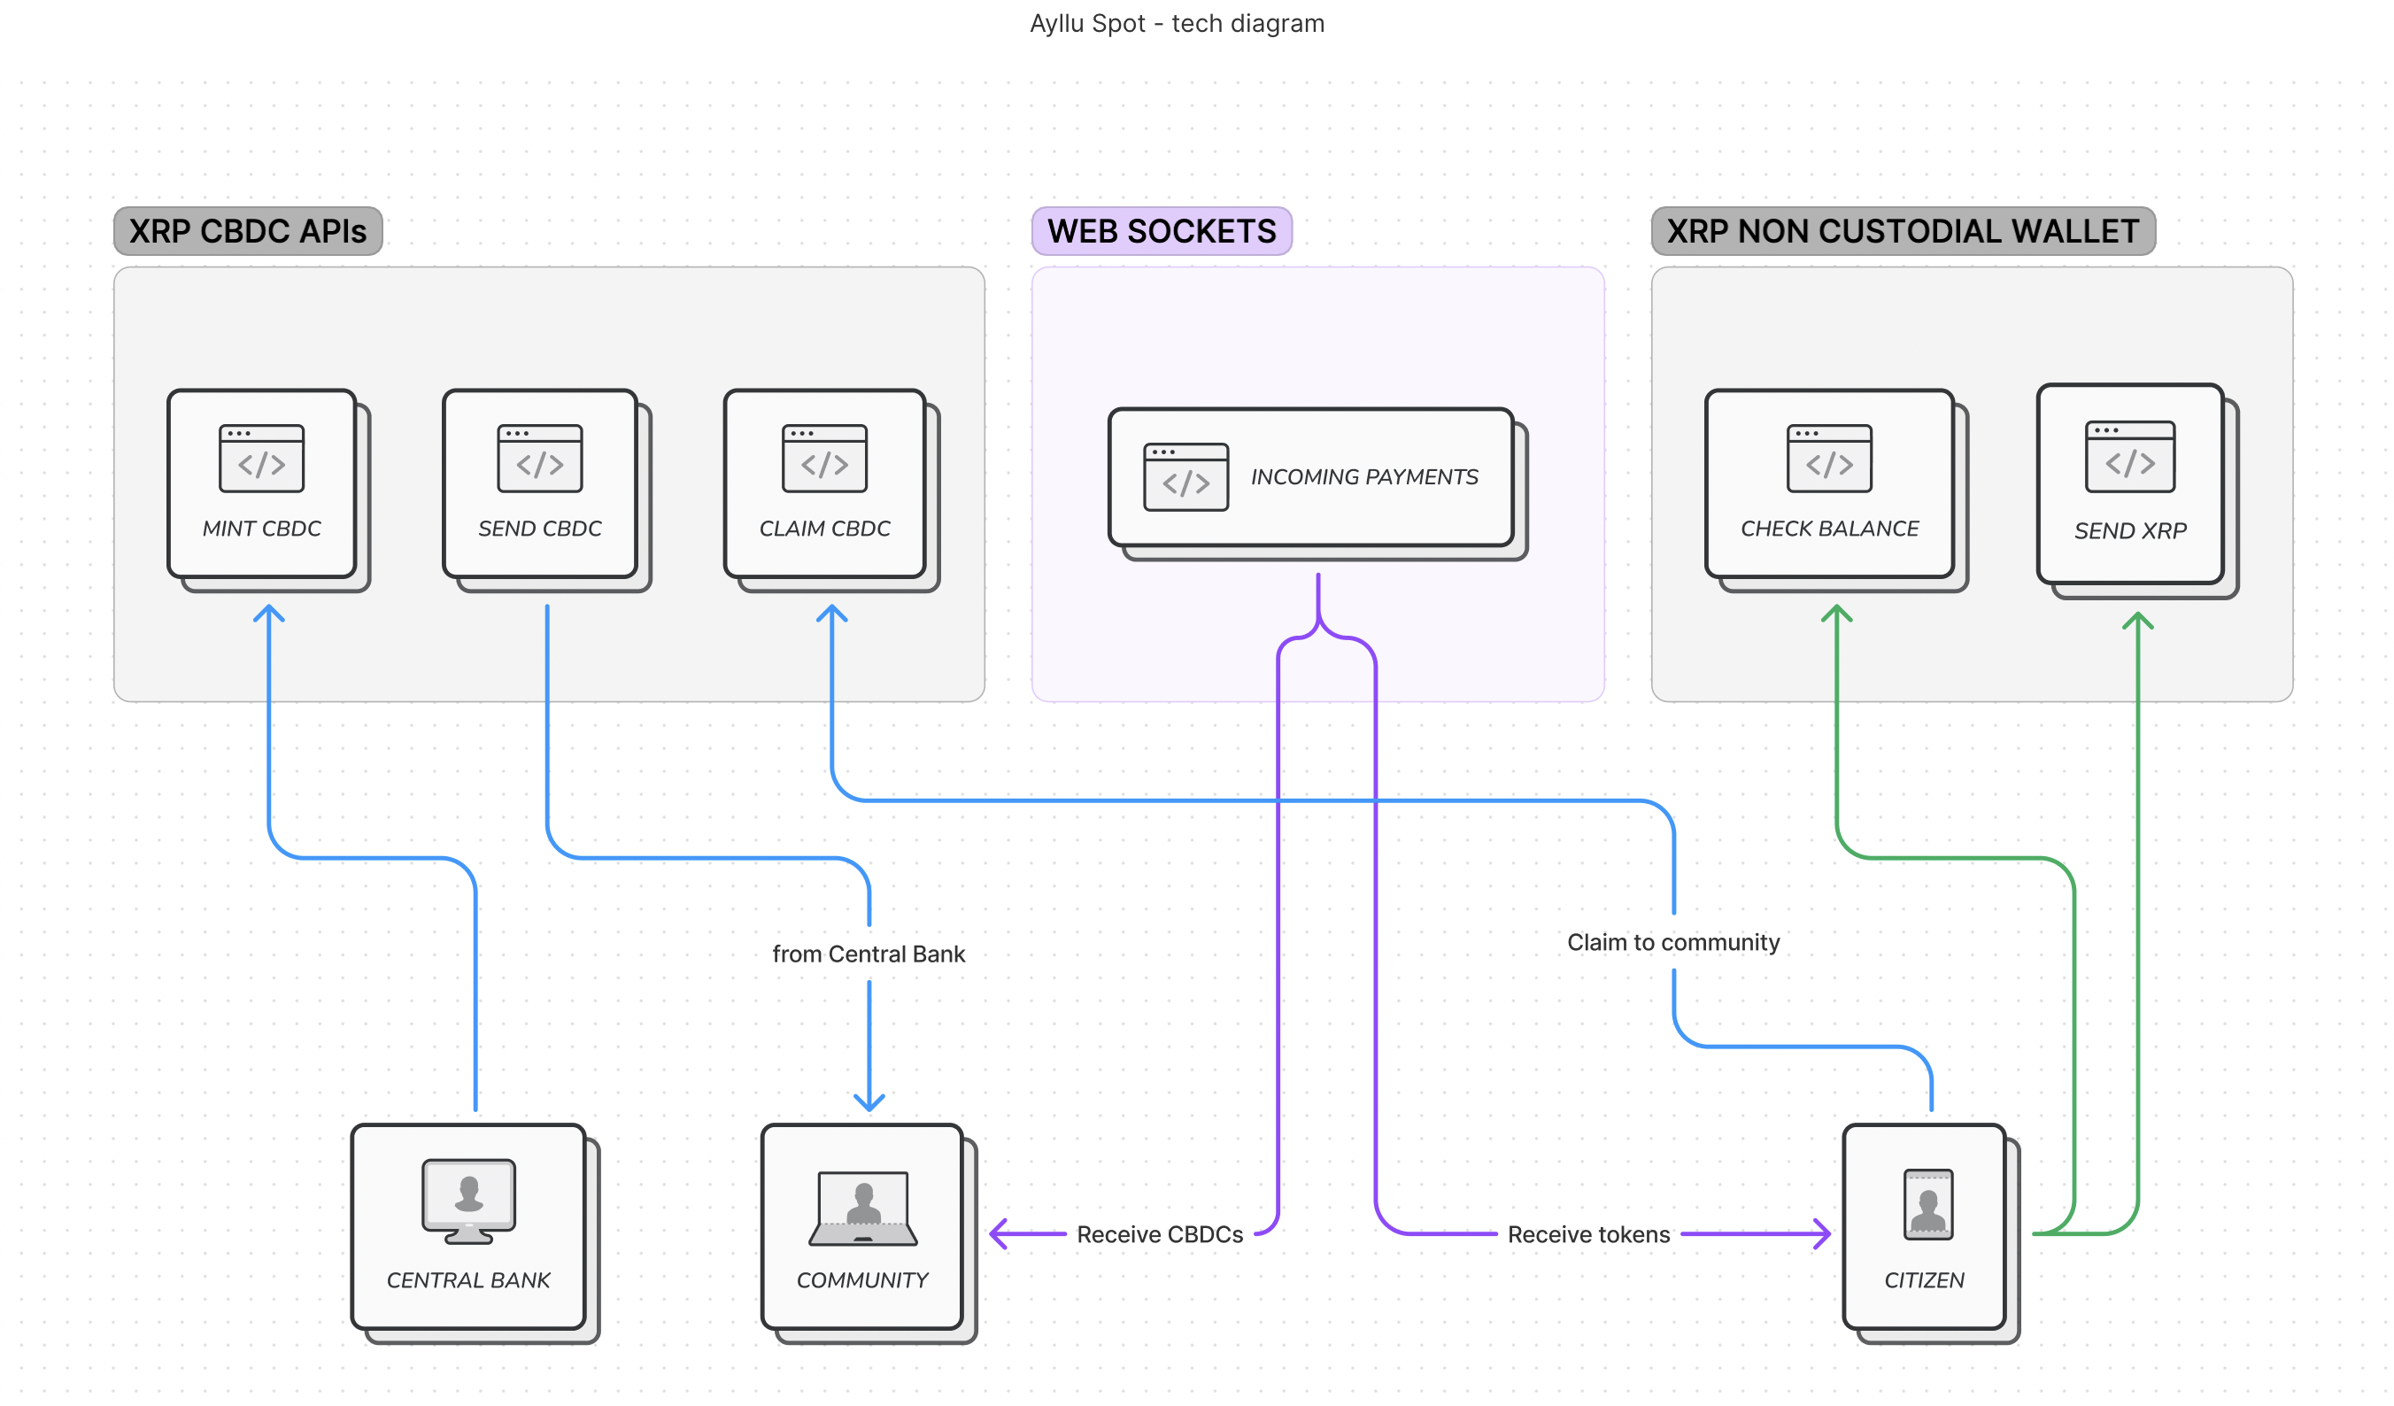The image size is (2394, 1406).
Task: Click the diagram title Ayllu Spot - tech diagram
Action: pyautogui.click(x=1177, y=24)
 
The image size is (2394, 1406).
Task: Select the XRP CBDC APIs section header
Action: pyautogui.click(x=248, y=232)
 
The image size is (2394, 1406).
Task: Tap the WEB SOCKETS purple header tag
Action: pyautogui.click(x=1161, y=232)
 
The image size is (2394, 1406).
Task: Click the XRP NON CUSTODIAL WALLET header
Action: pyautogui.click(x=1902, y=232)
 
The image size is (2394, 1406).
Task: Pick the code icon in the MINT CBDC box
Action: pyautogui.click(x=261, y=459)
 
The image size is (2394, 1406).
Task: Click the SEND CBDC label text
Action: pyautogui.click(x=539, y=529)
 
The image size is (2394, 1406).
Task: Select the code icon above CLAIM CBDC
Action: pyautogui.click(x=824, y=459)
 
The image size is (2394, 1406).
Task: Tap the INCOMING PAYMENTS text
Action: pyautogui.click(x=1364, y=477)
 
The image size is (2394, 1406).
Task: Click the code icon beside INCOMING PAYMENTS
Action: pyautogui.click(x=1185, y=477)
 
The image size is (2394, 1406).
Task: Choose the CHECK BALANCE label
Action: pyautogui.click(x=1829, y=529)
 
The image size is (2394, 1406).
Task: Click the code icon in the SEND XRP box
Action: pyautogui.click(x=2129, y=457)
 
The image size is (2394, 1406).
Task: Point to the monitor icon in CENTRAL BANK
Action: pyautogui.click(x=468, y=1201)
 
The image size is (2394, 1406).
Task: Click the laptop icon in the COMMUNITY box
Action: pyautogui.click(x=862, y=1209)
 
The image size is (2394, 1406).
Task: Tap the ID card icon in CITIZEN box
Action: pyautogui.click(x=1927, y=1205)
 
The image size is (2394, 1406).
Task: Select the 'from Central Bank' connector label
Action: pyautogui.click(x=869, y=954)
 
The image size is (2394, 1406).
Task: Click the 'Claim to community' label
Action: pyautogui.click(x=1673, y=942)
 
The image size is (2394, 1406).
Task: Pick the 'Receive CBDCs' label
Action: pyautogui.click(x=1159, y=1234)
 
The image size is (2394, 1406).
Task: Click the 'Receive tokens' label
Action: pyautogui.click(x=1588, y=1234)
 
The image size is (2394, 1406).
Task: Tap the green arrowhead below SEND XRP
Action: pyautogui.click(x=2137, y=621)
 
